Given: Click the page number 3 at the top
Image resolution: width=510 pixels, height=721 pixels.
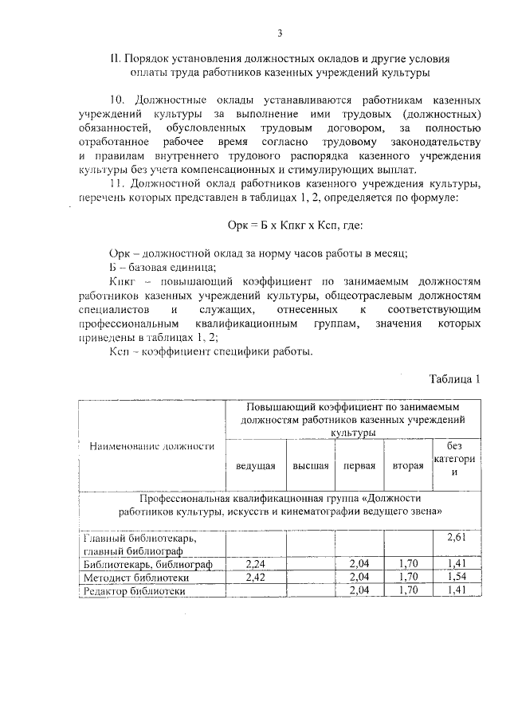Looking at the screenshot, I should (x=280, y=33).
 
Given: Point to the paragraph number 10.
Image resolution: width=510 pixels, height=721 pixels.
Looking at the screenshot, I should (x=117, y=101).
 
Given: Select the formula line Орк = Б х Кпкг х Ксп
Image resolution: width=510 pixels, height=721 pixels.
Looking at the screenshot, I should (x=294, y=225).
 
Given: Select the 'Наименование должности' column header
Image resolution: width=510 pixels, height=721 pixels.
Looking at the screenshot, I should (x=151, y=446).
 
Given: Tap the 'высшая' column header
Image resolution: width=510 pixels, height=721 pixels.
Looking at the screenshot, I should (x=311, y=464).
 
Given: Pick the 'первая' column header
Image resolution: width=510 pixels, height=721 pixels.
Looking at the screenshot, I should (x=359, y=464).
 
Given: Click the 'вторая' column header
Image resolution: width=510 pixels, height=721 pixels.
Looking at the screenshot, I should (x=407, y=464).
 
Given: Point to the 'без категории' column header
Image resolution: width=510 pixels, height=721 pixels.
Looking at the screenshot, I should (x=455, y=458).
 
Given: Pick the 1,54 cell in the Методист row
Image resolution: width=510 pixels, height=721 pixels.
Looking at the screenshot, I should (x=455, y=578).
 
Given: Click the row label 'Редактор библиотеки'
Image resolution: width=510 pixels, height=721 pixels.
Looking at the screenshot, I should (x=135, y=591).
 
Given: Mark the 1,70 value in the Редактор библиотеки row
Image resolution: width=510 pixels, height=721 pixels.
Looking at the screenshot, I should (x=407, y=591).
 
